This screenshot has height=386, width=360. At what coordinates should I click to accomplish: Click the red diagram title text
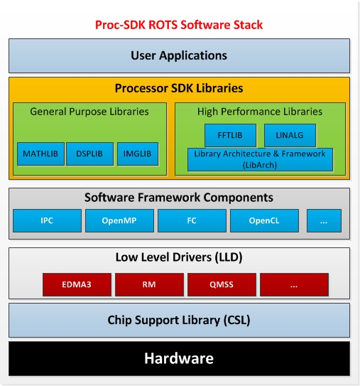click(x=179, y=25)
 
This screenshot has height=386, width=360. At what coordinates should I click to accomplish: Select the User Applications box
click(x=179, y=55)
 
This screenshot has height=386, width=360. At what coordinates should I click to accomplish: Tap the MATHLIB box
click(x=40, y=154)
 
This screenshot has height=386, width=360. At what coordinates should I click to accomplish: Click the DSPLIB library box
click(x=89, y=154)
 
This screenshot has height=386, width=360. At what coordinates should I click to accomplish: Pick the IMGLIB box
click(x=138, y=154)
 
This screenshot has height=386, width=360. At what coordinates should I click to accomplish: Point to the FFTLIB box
click(x=229, y=135)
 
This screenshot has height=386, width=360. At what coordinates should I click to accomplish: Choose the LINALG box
click(x=290, y=135)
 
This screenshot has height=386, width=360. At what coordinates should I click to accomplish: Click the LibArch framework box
click(x=260, y=159)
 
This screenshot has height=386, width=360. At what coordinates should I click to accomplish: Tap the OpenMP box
click(x=119, y=220)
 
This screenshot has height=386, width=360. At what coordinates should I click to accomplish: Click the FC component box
click(x=191, y=220)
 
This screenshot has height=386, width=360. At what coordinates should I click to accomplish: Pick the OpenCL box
click(x=263, y=220)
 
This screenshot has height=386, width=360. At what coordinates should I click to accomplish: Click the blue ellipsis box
click(x=324, y=220)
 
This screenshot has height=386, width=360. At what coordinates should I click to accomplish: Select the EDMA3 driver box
click(x=76, y=284)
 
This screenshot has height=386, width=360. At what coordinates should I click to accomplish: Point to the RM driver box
click(x=149, y=284)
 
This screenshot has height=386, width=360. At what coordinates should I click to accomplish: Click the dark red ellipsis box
click(x=294, y=284)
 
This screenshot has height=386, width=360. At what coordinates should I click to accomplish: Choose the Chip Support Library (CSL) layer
click(x=179, y=320)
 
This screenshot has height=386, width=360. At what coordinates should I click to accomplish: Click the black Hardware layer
click(x=179, y=358)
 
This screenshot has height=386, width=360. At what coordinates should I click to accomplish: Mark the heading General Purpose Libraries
click(x=89, y=112)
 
